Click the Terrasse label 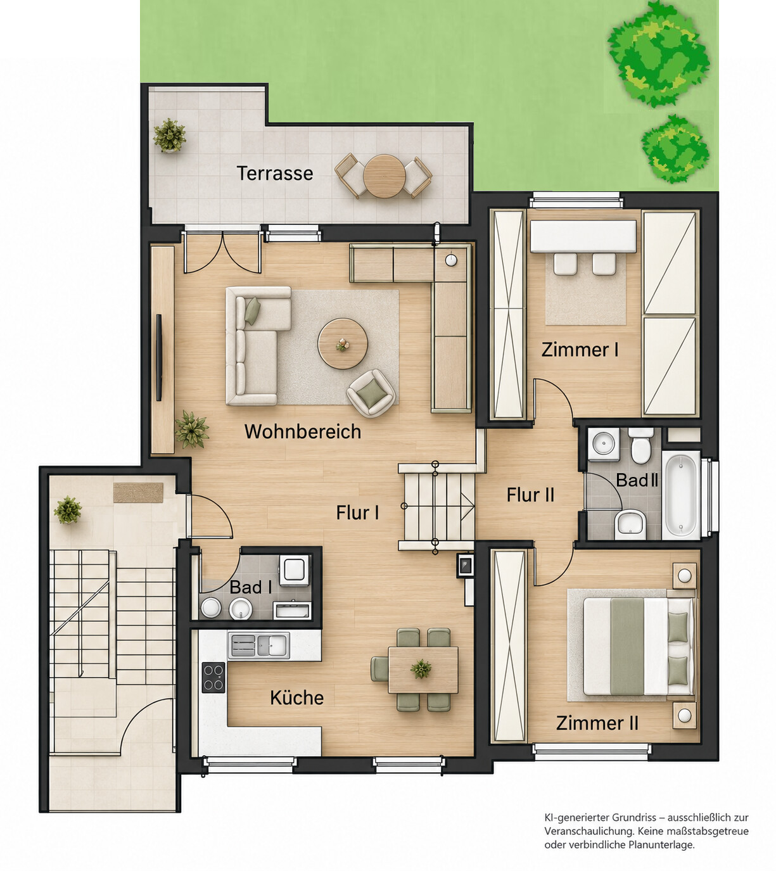[x=275, y=174]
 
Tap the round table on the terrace [x=385, y=176]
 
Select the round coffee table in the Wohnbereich [x=343, y=343]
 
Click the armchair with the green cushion [x=371, y=393]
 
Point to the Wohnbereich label [x=303, y=431]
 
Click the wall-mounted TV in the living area [x=158, y=357]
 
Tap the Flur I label [x=357, y=512]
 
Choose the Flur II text [x=530, y=495]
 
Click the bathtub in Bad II [x=682, y=495]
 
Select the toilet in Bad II [x=641, y=445]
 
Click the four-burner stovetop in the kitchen [x=213, y=677]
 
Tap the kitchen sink [x=258, y=645]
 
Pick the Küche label [x=296, y=697]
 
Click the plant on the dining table [x=421, y=668]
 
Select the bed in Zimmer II [x=639, y=646]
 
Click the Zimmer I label [x=580, y=350]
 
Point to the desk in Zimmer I [x=583, y=236]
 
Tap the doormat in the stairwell [x=138, y=493]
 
